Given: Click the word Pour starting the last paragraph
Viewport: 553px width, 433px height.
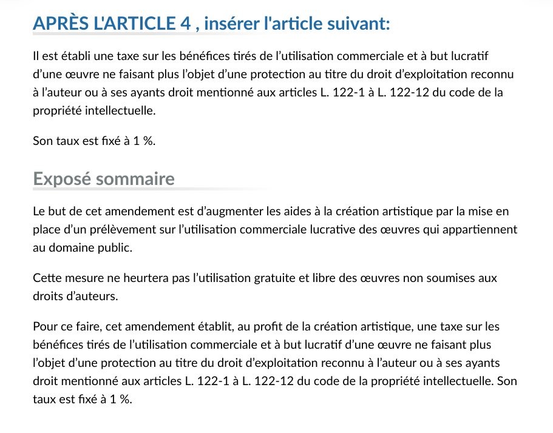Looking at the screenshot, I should tap(43, 327).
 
